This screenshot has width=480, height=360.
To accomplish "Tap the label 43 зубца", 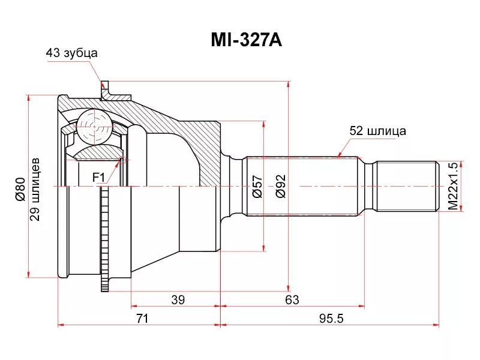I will point(72,53).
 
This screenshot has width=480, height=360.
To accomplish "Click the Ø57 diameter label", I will point(256,187).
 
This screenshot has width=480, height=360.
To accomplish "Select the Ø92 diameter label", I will point(280,187).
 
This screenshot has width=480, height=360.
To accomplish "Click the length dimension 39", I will point(178,299).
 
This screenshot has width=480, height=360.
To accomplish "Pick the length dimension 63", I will point(292,299).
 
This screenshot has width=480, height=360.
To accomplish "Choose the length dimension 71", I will point(142,319).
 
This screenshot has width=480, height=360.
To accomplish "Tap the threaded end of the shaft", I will point(406,186).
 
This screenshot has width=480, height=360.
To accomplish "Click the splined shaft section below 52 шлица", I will point(303,186).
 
